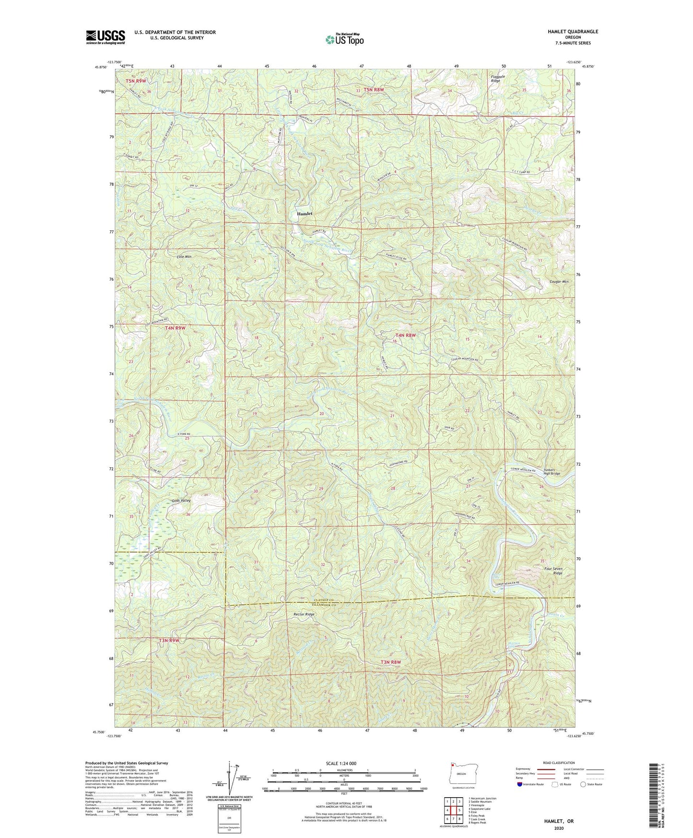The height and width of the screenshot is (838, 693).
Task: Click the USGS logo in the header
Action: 105,37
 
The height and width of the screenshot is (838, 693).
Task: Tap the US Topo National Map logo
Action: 344,39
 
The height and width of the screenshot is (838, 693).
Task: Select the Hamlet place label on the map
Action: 304,214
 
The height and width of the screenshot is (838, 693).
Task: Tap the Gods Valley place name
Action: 181,501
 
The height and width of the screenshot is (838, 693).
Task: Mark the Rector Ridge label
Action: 304,614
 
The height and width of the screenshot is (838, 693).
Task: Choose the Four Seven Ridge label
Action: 553,571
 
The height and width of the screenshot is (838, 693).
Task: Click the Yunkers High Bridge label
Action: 552,471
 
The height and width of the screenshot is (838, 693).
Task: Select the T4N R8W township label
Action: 405,335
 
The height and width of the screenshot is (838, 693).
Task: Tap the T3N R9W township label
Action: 169,640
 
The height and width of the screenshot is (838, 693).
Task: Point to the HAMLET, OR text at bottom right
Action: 559,821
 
